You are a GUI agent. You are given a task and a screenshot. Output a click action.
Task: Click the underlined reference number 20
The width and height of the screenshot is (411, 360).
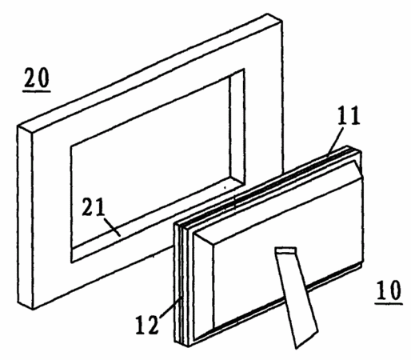(x=37, y=78)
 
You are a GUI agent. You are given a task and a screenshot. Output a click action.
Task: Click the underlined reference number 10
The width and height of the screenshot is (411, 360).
(x=389, y=290)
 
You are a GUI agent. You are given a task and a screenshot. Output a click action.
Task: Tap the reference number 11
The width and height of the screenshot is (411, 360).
(x=349, y=116)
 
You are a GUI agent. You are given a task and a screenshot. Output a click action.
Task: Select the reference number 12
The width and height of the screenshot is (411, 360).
(x=147, y=325)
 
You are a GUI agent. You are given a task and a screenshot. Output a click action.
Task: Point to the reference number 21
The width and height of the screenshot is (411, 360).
(x=93, y=207)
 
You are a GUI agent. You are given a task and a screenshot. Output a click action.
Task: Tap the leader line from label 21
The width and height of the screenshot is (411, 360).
(x=111, y=227)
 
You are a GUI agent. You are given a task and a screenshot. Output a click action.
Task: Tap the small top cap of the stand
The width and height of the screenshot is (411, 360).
(x=285, y=250)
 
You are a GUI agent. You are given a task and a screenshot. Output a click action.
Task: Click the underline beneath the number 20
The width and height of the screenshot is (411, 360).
(x=37, y=91)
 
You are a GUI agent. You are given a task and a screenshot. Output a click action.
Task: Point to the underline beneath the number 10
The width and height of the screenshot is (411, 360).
(x=389, y=303)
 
